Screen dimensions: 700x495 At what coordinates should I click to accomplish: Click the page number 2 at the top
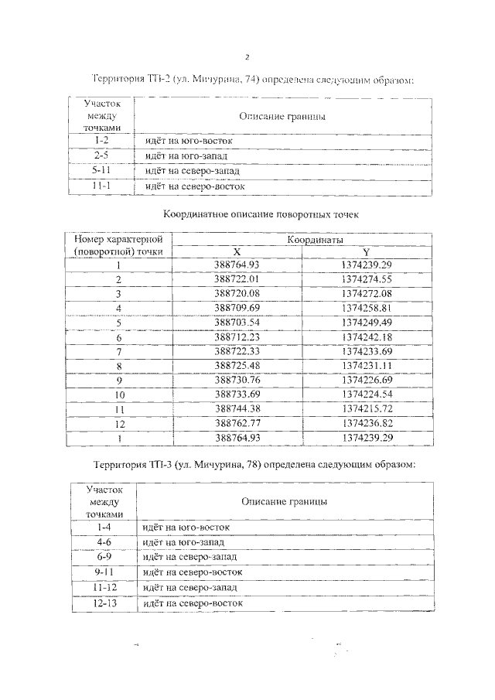[x=247, y=57]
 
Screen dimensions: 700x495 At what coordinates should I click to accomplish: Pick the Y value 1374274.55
[x=367, y=278]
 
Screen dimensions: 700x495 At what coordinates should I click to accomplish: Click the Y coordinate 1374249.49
[x=367, y=322]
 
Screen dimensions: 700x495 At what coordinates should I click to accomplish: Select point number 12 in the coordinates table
[x=119, y=422]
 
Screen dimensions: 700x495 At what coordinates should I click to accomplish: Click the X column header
[x=237, y=251]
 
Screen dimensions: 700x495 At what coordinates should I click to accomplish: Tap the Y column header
[x=366, y=251]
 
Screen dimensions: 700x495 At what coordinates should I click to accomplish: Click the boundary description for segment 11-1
[x=194, y=186]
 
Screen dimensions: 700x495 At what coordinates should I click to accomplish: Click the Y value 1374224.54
[x=367, y=394]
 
